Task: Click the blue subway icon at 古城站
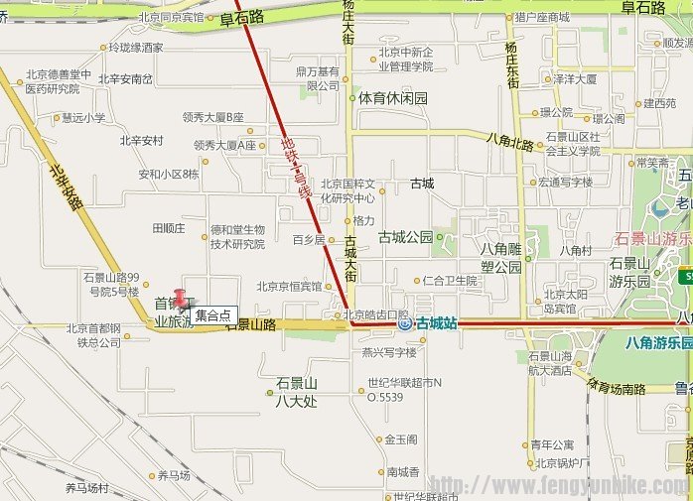404,322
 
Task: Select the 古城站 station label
436,322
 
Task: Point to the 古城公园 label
405,237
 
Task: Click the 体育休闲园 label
392,99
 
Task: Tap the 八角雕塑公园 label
501,258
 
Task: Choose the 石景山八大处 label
296,392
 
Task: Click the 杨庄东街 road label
511,65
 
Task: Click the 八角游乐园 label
658,343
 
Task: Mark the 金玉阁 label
402,439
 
